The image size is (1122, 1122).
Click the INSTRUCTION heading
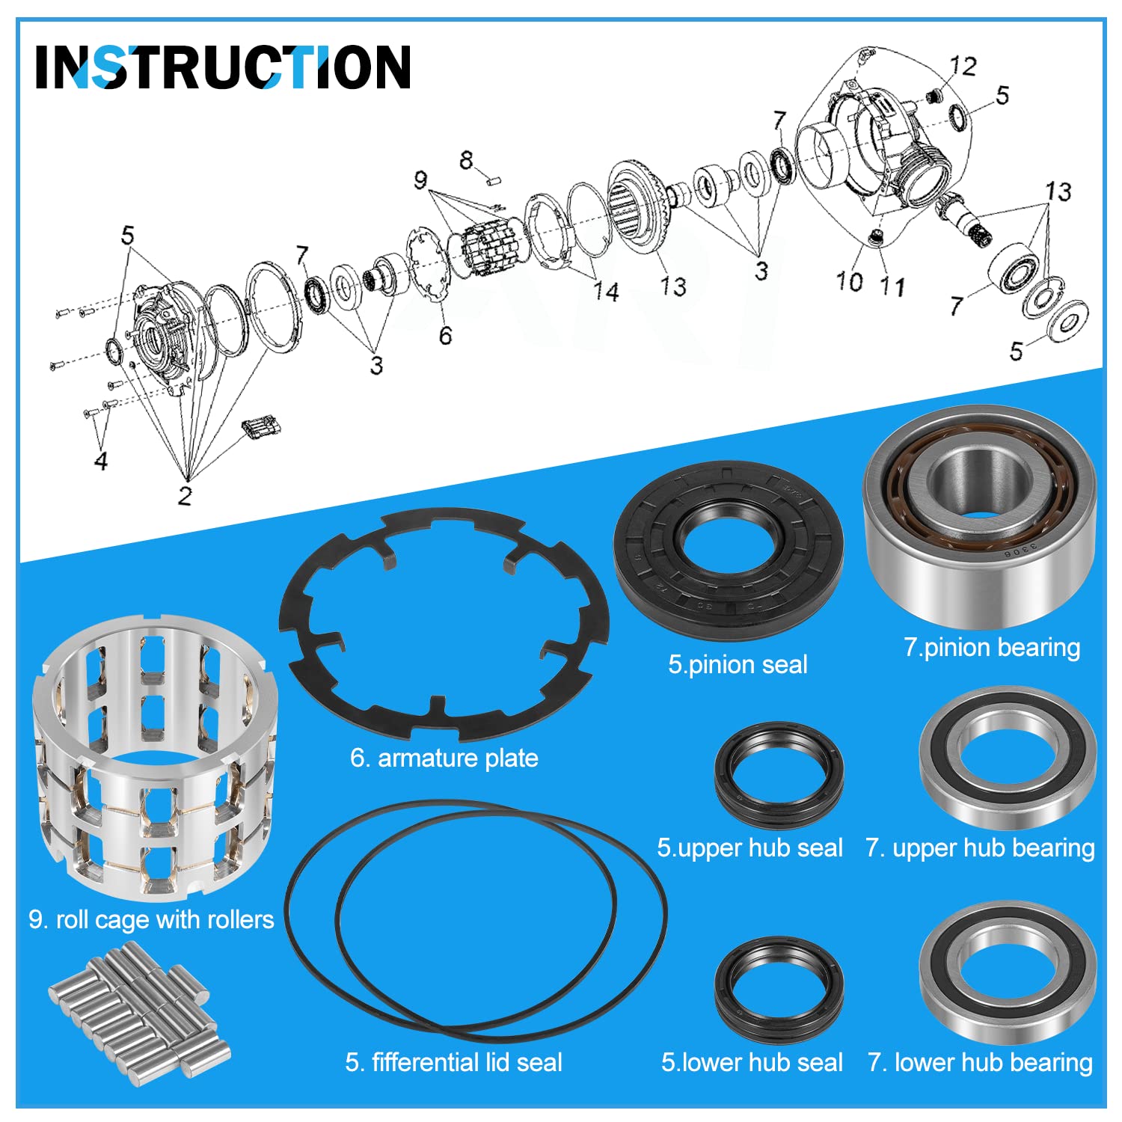(x=223, y=67)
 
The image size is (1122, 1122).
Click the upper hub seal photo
(x=779, y=775)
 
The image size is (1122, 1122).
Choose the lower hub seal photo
(x=779, y=990)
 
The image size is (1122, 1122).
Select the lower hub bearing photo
(x=1008, y=972)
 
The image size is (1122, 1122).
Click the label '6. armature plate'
(x=444, y=758)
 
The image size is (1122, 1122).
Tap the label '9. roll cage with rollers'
(x=151, y=919)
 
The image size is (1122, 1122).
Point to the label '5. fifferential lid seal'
(x=453, y=1062)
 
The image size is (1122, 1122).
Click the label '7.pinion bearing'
(x=992, y=647)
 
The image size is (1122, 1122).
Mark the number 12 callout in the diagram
(x=963, y=66)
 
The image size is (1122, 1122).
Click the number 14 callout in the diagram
(x=606, y=291)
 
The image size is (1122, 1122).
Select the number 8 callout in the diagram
(x=467, y=159)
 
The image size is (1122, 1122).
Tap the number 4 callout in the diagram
(x=101, y=460)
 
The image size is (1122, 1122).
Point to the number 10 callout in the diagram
(x=850, y=282)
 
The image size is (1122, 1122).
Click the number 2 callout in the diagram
(x=185, y=494)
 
